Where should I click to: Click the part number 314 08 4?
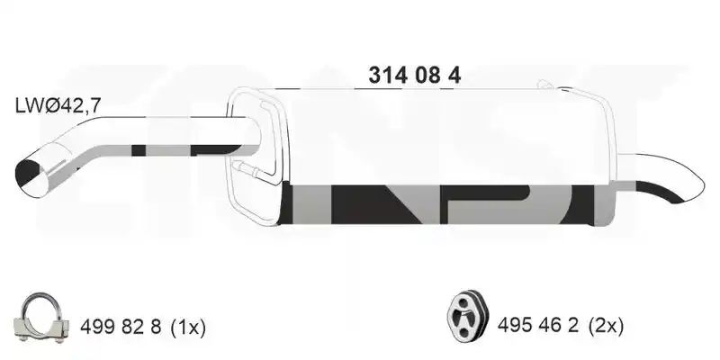[x=414, y=76]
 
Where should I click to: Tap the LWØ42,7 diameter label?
[x=58, y=106]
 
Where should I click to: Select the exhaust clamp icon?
[x=41, y=318]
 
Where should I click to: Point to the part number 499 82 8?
[x=121, y=328]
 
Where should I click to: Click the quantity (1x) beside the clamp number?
[x=188, y=328]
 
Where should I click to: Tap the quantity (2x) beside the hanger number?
[x=607, y=326]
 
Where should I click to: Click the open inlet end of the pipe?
[x=33, y=178]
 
